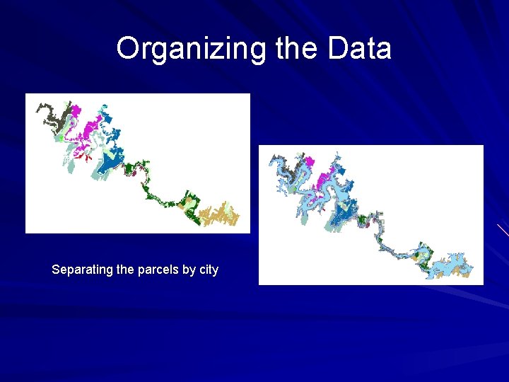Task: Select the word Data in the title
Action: tap(359, 49)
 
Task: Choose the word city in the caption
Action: tap(209, 270)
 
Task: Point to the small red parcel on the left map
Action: tap(89, 158)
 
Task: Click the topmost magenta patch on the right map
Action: tap(307, 162)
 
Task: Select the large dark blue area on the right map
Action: tap(346, 212)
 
